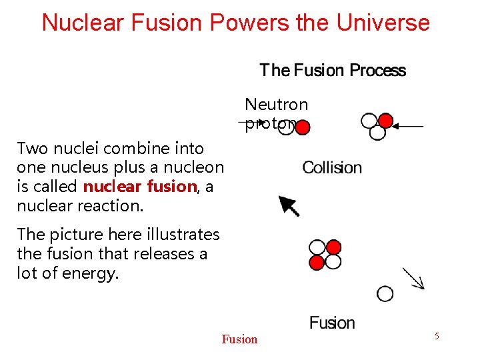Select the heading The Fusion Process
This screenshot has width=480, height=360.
click(333, 71)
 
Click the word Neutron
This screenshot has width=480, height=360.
click(276, 105)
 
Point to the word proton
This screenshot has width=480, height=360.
click(269, 124)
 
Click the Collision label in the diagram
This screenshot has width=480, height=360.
click(332, 167)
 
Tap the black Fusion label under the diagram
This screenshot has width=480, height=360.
click(332, 323)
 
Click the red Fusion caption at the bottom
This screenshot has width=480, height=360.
click(239, 339)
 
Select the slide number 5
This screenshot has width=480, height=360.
click(437, 336)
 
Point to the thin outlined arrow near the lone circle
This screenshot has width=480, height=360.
click(414, 279)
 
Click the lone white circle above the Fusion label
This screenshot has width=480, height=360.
click(385, 293)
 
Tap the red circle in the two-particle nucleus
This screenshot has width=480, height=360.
click(302, 127)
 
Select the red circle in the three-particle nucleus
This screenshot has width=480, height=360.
click(385, 121)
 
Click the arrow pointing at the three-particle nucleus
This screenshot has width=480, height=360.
click(408, 126)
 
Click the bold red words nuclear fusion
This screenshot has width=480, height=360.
click(139, 187)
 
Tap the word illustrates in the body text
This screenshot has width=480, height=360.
click(182, 235)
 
